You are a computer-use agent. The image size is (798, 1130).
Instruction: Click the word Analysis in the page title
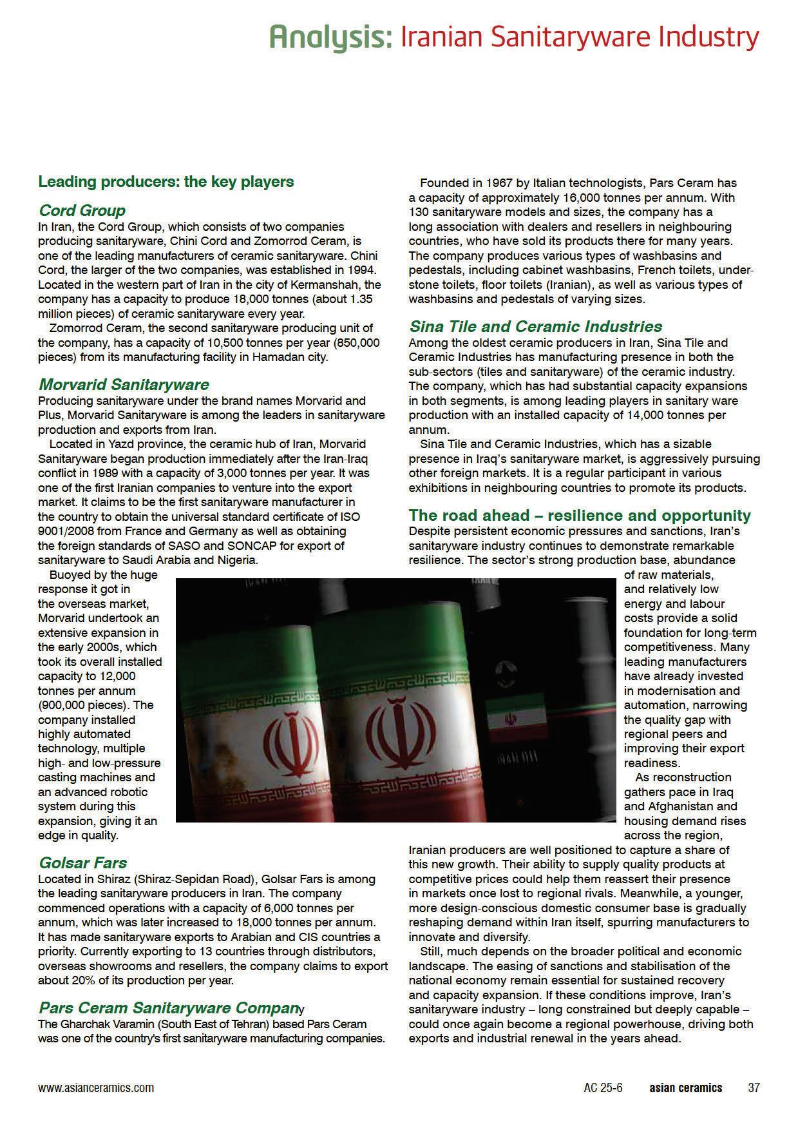click(x=330, y=37)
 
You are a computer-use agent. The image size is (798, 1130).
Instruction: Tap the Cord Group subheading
click(x=82, y=211)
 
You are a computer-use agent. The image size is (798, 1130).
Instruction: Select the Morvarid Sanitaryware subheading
click(x=124, y=385)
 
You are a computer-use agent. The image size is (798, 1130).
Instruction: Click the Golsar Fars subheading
click(x=82, y=862)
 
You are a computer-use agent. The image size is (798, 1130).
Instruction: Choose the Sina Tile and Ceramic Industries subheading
click(x=536, y=327)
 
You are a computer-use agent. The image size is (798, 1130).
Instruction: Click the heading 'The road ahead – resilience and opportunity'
click(x=580, y=515)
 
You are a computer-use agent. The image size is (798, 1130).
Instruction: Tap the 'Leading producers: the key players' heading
click(x=166, y=182)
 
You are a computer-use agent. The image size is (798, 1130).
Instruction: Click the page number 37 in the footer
click(x=754, y=1087)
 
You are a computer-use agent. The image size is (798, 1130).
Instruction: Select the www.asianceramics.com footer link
click(x=96, y=1087)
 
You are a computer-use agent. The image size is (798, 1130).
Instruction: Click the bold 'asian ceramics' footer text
click(x=685, y=1087)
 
